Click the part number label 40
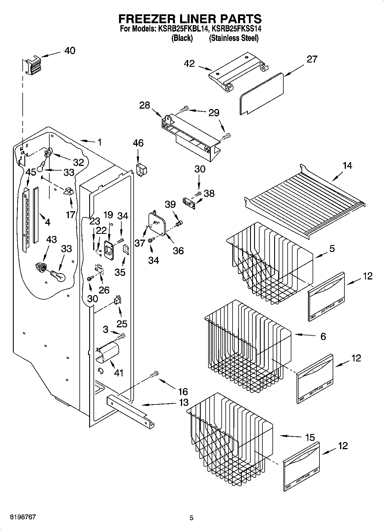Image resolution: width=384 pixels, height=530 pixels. [70, 51]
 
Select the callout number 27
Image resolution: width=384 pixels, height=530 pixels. [312, 59]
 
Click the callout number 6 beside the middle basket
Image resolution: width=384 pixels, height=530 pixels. [323, 336]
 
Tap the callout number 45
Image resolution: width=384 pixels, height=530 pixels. [31, 172]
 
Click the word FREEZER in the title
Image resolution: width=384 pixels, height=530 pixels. [149, 19]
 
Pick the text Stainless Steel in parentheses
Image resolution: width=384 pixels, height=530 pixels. [234, 38]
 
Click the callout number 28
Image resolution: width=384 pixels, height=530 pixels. [145, 105]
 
